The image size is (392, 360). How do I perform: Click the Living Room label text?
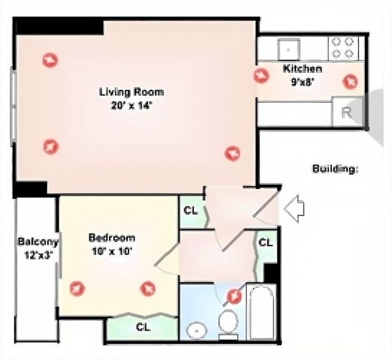[x=131, y=92]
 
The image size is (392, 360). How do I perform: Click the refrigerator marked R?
[x=346, y=112]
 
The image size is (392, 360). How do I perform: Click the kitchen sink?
[x=288, y=48]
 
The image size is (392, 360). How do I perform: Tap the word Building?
[x=334, y=169]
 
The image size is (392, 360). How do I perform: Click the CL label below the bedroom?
[x=142, y=327]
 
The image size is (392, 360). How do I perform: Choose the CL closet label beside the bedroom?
[x=191, y=210]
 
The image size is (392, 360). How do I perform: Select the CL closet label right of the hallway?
[x=265, y=242]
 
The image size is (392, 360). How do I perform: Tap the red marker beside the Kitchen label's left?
[x=261, y=76]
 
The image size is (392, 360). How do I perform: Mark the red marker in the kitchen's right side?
[x=348, y=81]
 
